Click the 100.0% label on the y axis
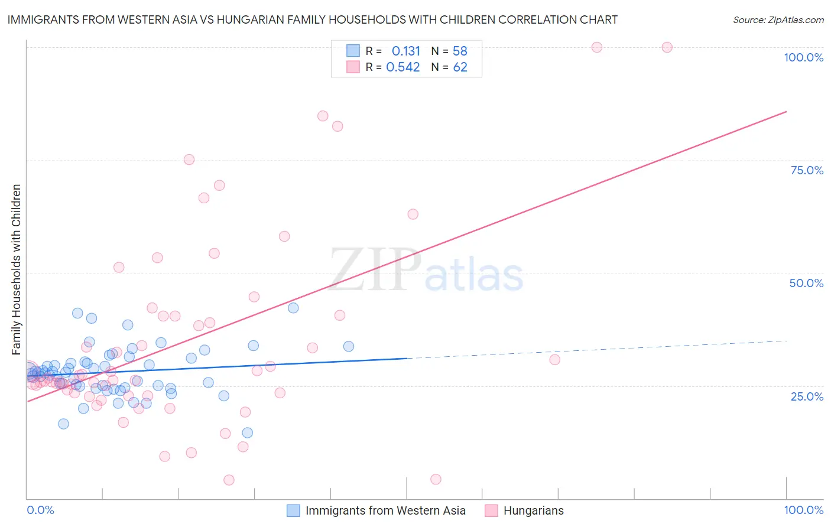point(803,57)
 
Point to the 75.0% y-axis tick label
point(807,170)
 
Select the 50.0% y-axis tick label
point(806,283)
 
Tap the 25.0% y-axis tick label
point(807,396)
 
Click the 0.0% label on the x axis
point(40,510)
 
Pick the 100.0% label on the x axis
point(803,510)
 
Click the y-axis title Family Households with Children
point(17,269)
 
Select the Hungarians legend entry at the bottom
point(533,510)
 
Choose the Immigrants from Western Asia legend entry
point(385,510)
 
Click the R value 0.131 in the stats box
point(405,51)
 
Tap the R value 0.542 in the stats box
point(402,67)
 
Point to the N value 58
point(460,51)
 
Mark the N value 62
point(460,67)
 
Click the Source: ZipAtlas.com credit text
point(778,20)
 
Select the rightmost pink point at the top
point(667,47)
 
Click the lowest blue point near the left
point(63,424)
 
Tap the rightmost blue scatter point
point(349,346)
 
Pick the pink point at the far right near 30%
point(554,360)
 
